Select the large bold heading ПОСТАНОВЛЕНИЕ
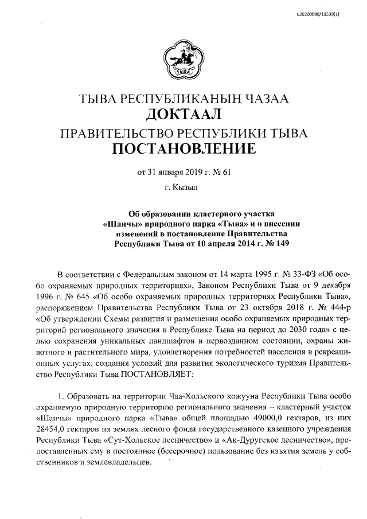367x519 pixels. click(x=183, y=150)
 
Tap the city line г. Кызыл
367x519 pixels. click(x=184, y=187)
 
